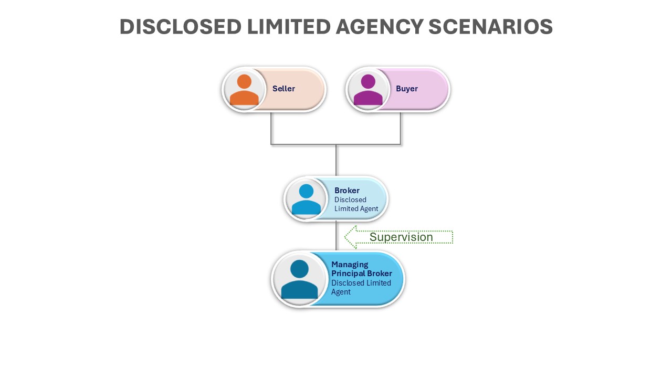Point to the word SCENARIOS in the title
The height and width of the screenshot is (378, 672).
pos(490,27)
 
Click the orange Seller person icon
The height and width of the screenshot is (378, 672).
pos(244,90)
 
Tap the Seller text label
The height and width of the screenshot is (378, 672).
pos(283,89)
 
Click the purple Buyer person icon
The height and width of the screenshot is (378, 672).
pos(368,90)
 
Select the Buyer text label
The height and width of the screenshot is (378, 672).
pos(407,89)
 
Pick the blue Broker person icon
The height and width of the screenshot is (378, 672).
pos(306,199)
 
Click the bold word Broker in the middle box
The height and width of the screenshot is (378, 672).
pos(347,191)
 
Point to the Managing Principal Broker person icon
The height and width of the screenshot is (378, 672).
pos(299,279)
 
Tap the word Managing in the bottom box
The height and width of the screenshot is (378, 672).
pos(350,265)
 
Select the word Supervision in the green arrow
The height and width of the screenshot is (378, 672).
pos(401,237)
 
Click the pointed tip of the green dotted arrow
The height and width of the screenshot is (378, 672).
pos(345,237)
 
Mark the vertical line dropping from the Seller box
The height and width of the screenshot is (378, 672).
pos(271,128)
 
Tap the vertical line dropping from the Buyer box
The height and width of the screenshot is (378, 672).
pos(401,128)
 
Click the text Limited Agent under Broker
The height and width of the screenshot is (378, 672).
pos(356,209)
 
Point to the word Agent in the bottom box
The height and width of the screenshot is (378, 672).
pos(341,292)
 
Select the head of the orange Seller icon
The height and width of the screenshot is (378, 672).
pos(244,81)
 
